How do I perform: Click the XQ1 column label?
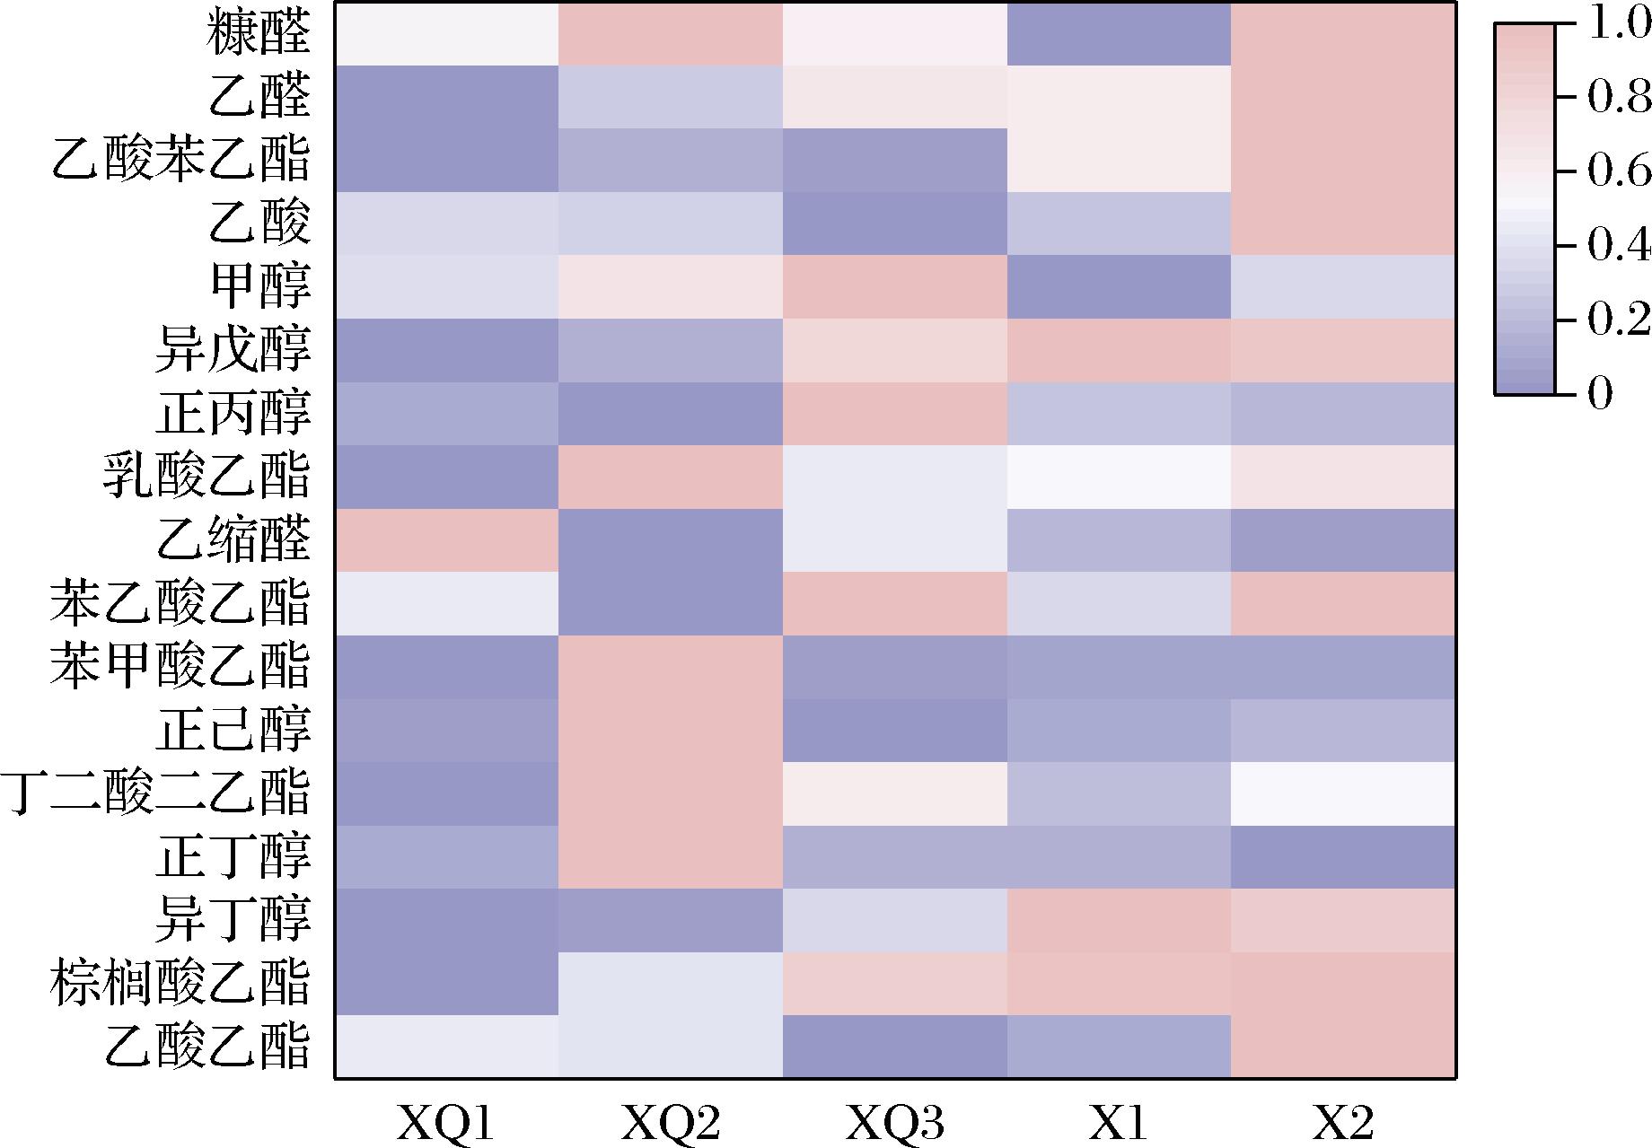point(445,1122)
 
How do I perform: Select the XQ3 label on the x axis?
point(895,1122)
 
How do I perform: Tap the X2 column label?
point(1343,1122)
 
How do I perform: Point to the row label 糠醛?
point(259,35)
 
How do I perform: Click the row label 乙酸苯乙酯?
point(180,160)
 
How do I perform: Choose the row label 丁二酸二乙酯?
point(156,793)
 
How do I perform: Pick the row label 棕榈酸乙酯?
point(180,983)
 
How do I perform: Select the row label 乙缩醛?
point(233,539)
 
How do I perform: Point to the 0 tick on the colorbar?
point(1600,393)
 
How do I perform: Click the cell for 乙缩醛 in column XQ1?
point(446,540)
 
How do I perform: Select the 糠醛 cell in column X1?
point(1119,35)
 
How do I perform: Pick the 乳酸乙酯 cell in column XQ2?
point(671,478)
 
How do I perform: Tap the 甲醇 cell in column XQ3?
point(895,287)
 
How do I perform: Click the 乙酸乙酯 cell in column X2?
point(1343,1047)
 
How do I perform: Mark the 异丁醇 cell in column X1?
point(1119,920)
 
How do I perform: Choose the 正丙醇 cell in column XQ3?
point(895,414)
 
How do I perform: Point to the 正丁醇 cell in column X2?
point(1343,857)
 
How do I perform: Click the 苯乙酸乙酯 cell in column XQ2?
point(671,604)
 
